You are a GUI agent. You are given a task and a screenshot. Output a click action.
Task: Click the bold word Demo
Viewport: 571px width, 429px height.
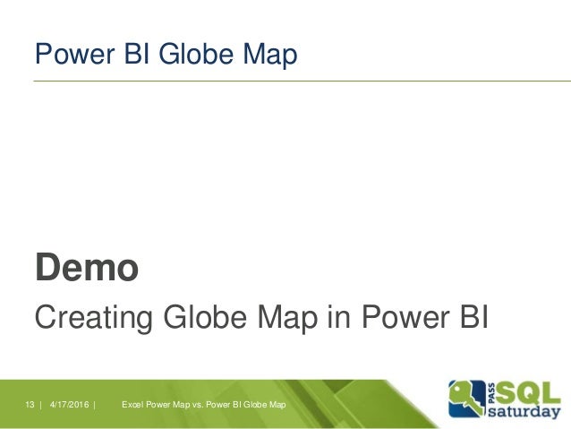86,266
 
